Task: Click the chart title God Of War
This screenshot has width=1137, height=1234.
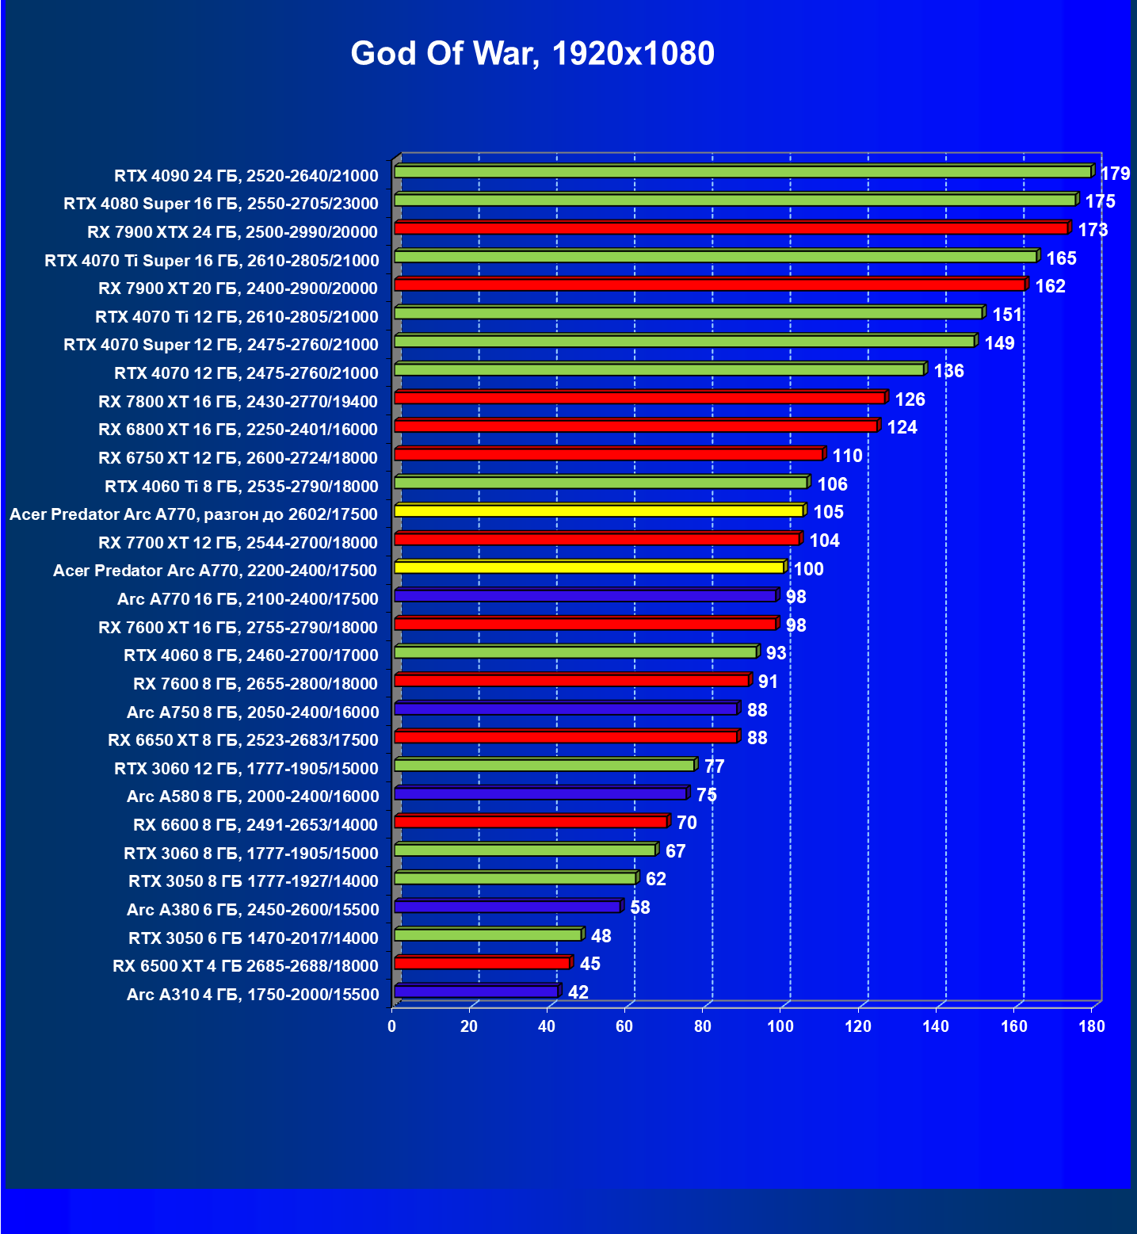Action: pyautogui.click(x=532, y=54)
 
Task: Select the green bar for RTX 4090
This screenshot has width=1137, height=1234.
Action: pyautogui.click(x=742, y=172)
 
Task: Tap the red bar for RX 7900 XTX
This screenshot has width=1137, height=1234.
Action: pyautogui.click(x=731, y=228)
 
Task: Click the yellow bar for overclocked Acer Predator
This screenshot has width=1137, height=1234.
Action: pyautogui.click(x=599, y=511)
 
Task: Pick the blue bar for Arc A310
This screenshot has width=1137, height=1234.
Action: pyautogui.click(x=476, y=991)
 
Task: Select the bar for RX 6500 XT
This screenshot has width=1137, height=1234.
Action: pyautogui.click(x=482, y=963)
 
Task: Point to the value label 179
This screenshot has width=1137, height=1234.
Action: pyautogui.click(x=1115, y=174)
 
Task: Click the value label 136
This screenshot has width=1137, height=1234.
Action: pyautogui.click(x=948, y=371)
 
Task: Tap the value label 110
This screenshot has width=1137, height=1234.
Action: pyautogui.click(x=847, y=456)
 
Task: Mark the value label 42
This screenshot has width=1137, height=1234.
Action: pyautogui.click(x=578, y=992)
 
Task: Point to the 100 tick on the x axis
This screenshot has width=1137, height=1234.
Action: pyautogui.click(x=780, y=1026)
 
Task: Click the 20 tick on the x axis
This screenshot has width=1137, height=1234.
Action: pyautogui.click(x=469, y=1026)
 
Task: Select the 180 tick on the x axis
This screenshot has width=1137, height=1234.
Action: pyautogui.click(x=1092, y=1026)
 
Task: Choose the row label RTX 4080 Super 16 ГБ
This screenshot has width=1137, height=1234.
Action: pyautogui.click(x=221, y=204)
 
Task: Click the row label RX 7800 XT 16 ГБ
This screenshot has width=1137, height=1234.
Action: pyautogui.click(x=238, y=402)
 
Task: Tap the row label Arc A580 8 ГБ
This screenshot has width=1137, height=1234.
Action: pyautogui.click(x=253, y=797)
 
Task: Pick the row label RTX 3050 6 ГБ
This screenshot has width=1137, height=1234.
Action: pyautogui.click(x=254, y=938)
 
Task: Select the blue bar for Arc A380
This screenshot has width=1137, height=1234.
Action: pyautogui.click(x=507, y=907)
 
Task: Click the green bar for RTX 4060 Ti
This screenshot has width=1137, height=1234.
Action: pyautogui.click(x=601, y=483)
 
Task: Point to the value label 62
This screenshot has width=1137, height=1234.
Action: pyautogui.click(x=655, y=879)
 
